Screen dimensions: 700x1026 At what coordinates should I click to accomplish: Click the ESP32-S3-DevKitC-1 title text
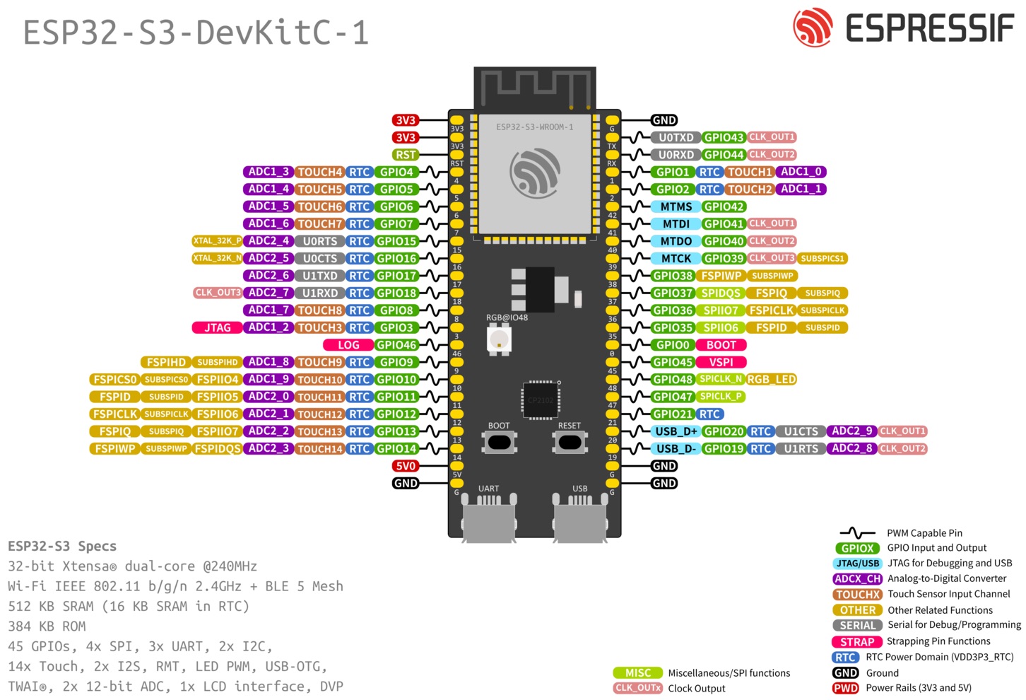click(x=196, y=33)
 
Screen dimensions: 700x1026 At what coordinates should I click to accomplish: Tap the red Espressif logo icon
click(x=813, y=28)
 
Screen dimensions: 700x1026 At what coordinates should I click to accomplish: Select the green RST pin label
click(x=406, y=155)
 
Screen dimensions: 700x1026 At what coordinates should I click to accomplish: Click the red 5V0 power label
click(x=406, y=466)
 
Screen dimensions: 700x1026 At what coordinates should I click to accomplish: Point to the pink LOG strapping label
click(x=348, y=345)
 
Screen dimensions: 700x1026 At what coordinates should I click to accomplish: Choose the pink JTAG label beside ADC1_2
click(x=217, y=328)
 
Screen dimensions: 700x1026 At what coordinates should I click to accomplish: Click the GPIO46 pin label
click(x=396, y=345)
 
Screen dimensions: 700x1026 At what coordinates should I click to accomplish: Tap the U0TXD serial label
click(x=676, y=137)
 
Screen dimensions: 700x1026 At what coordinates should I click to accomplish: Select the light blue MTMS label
click(x=676, y=206)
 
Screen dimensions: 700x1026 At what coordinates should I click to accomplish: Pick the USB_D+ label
click(x=676, y=431)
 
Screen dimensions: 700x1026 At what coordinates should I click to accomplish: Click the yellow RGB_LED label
click(x=772, y=380)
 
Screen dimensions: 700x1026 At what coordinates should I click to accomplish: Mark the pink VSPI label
click(x=721, y=362)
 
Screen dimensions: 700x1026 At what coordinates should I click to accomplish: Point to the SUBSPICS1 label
click(x=822, y=259)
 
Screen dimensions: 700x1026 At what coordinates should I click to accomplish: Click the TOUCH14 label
click(x=319, y=449)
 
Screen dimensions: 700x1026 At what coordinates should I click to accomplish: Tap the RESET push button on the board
click(x=570, y=443)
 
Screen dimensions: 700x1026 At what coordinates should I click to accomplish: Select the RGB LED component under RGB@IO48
click(x=499, y=340)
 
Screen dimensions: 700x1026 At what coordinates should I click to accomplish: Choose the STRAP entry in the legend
click(x=857, y=642)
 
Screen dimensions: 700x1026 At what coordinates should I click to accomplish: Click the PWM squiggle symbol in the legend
click(x=857, y=533)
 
